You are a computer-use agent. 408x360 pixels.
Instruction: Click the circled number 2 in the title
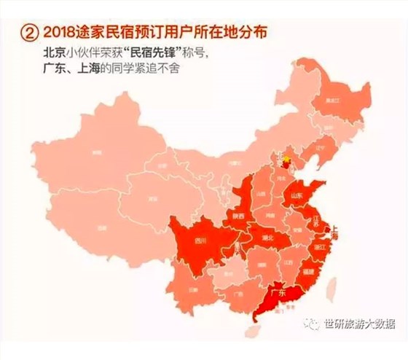[x=29, y=33]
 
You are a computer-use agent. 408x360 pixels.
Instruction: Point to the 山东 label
[x=297, y=195]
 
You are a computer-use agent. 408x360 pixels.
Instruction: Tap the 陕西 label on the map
[x=237, y=216]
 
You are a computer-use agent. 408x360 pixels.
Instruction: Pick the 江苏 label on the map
[x=318, y=217]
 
